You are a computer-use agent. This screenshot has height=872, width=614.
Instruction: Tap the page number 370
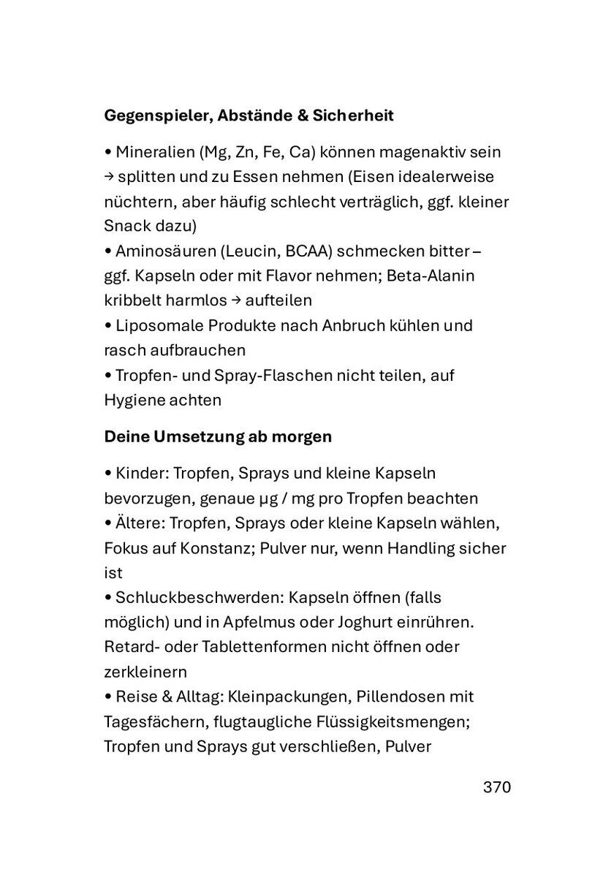496,787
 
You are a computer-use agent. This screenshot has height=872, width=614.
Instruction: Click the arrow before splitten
108,178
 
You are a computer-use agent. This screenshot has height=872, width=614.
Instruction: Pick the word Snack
125,227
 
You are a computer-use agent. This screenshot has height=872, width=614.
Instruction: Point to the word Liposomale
156,325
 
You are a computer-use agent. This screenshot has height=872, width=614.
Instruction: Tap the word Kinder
142,474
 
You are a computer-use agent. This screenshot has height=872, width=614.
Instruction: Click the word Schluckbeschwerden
197,597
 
